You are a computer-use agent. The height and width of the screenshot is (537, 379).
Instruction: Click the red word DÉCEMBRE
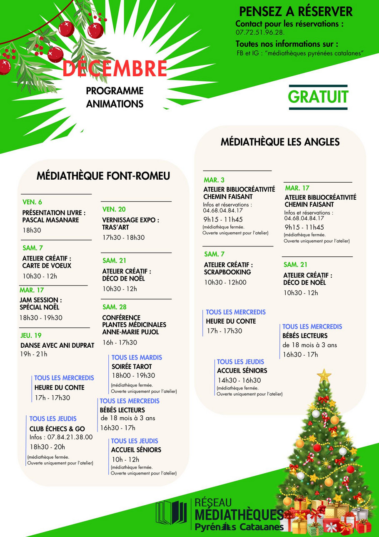[x=115, y=69]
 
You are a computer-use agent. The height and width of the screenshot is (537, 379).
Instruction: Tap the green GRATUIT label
[x=318, y=96]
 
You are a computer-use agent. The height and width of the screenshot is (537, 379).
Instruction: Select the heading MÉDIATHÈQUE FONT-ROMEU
[x=103, y=176]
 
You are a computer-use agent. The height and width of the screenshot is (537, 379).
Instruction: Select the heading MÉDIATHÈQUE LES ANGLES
[x=280, y=142]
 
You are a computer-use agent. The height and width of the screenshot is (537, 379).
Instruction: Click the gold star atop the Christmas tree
[x=324, y=375]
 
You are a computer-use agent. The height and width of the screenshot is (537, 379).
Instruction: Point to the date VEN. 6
[x=32, y=202]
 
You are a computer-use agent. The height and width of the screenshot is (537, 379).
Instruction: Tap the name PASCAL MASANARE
[x=50, y=220]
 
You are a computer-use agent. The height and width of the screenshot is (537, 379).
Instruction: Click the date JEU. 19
[x=31, y=335]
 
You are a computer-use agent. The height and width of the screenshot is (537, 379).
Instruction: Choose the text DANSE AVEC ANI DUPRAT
[x=57, y=345]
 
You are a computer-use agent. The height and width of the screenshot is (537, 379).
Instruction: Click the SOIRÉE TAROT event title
[x=132, y=366]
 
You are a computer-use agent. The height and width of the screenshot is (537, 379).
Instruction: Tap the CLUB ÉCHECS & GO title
[x=57, y=429]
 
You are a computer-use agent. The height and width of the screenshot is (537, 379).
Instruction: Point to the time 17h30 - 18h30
[x=123, y=238]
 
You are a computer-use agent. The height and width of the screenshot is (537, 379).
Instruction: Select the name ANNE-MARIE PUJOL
[x=130, y=332]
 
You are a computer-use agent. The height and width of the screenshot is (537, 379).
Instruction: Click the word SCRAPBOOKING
[x=227, y=272]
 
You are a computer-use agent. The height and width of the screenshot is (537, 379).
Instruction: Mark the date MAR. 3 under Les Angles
[x=214, y=180]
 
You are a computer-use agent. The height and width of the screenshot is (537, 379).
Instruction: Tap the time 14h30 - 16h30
[x=239, y=380]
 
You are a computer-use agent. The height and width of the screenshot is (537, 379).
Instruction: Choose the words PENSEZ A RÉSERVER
[x=296, y=11]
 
